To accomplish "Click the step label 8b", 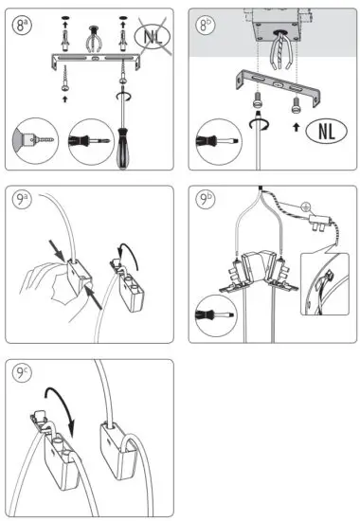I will tap(207, 25).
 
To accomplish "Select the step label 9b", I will tap(207, 201).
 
